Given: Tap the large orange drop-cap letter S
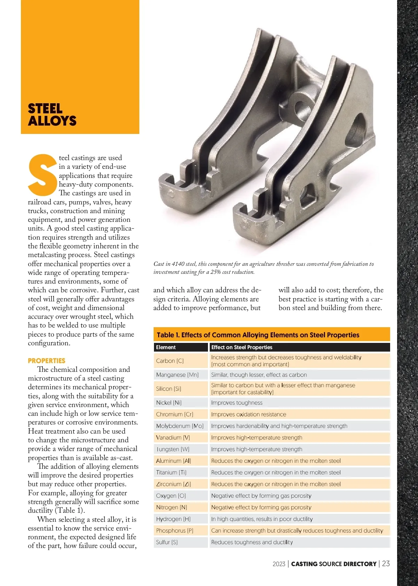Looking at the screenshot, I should point(42,175).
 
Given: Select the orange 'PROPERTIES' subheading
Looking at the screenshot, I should point(47,361).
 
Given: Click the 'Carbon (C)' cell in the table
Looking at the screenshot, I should point(170,361).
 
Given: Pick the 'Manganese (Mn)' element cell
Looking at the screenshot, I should point(177,375).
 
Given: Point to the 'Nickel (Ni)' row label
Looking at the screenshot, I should point(169,403).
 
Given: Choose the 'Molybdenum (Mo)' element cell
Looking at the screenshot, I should point(180,426).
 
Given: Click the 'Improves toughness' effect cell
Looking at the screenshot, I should point(237,403).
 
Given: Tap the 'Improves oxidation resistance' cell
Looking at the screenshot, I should point(249,414).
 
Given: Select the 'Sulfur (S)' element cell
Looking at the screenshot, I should point(167,542).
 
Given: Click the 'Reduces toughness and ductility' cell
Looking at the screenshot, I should point(252,542).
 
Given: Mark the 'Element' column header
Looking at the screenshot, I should point(166,347).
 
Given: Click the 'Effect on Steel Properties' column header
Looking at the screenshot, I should point(242,347).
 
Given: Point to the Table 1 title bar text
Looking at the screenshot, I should point(258,335).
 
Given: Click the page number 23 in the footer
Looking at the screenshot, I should point(386,563).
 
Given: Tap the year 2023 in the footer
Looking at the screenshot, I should point(279,564).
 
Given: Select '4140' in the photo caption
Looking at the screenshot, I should point(178,264).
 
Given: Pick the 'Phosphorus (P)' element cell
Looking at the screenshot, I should point(175,531).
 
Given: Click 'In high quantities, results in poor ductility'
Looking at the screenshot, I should point(262,519).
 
